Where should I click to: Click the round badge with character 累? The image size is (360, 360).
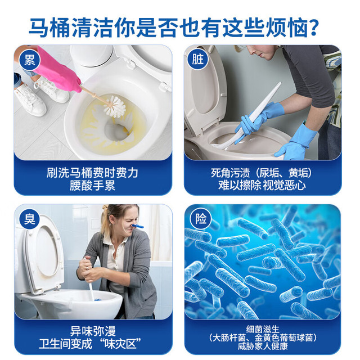(30, 60)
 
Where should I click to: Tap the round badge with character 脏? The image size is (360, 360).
(198, 59)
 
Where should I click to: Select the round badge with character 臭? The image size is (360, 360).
(30, 219)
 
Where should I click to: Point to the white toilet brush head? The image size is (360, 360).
(115, 107)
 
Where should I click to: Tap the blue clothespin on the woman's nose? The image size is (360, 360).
(137, 226)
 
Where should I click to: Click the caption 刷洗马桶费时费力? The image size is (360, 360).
(92, 173)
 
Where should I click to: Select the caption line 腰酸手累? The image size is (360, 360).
(92, 186)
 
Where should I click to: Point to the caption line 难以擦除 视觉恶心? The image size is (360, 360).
(262, 186)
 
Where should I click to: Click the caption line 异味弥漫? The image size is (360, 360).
(93, 331)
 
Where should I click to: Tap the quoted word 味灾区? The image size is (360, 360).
(121, 344)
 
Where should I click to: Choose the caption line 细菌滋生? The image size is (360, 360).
(263, 329)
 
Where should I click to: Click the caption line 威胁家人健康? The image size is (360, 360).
(263, 346)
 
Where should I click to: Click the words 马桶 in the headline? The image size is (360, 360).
(50, 28)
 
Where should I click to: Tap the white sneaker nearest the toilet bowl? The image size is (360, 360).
(52, 89)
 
